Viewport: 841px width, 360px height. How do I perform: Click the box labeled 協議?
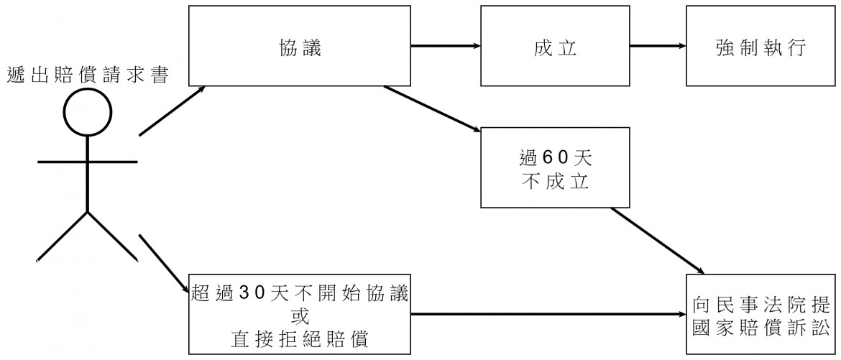[298, 47]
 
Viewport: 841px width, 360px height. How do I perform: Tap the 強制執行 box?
[762, 47]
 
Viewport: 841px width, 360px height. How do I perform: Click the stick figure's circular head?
[88, 114]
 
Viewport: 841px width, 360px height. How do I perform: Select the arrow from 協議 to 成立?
[445, 47]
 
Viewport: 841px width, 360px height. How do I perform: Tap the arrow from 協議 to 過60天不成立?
[431, 109]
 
